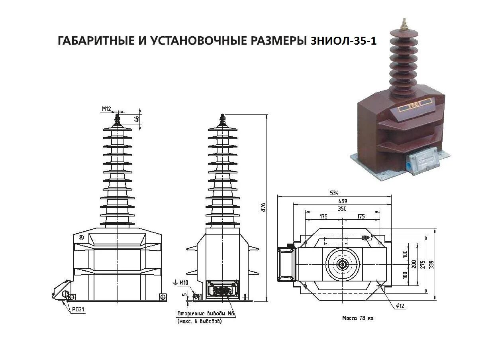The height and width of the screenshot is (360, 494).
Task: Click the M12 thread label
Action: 106,108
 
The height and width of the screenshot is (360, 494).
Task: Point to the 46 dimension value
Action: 137,119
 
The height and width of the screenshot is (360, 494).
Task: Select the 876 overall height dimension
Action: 263,207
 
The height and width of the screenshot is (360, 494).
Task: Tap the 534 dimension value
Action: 334,193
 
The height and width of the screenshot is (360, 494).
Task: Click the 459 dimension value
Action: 342,201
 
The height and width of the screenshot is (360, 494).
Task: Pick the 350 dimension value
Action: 342,209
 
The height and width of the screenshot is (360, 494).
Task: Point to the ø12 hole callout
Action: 400,306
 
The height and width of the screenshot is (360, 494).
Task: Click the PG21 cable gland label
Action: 78,309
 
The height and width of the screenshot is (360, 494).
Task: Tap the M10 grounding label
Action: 184,283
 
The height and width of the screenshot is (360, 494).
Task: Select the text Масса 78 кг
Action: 358,318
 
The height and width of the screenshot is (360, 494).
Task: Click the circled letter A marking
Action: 82,237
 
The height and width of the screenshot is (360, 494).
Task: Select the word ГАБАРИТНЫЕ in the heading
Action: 94,41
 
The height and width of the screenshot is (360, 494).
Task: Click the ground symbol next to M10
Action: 175,283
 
